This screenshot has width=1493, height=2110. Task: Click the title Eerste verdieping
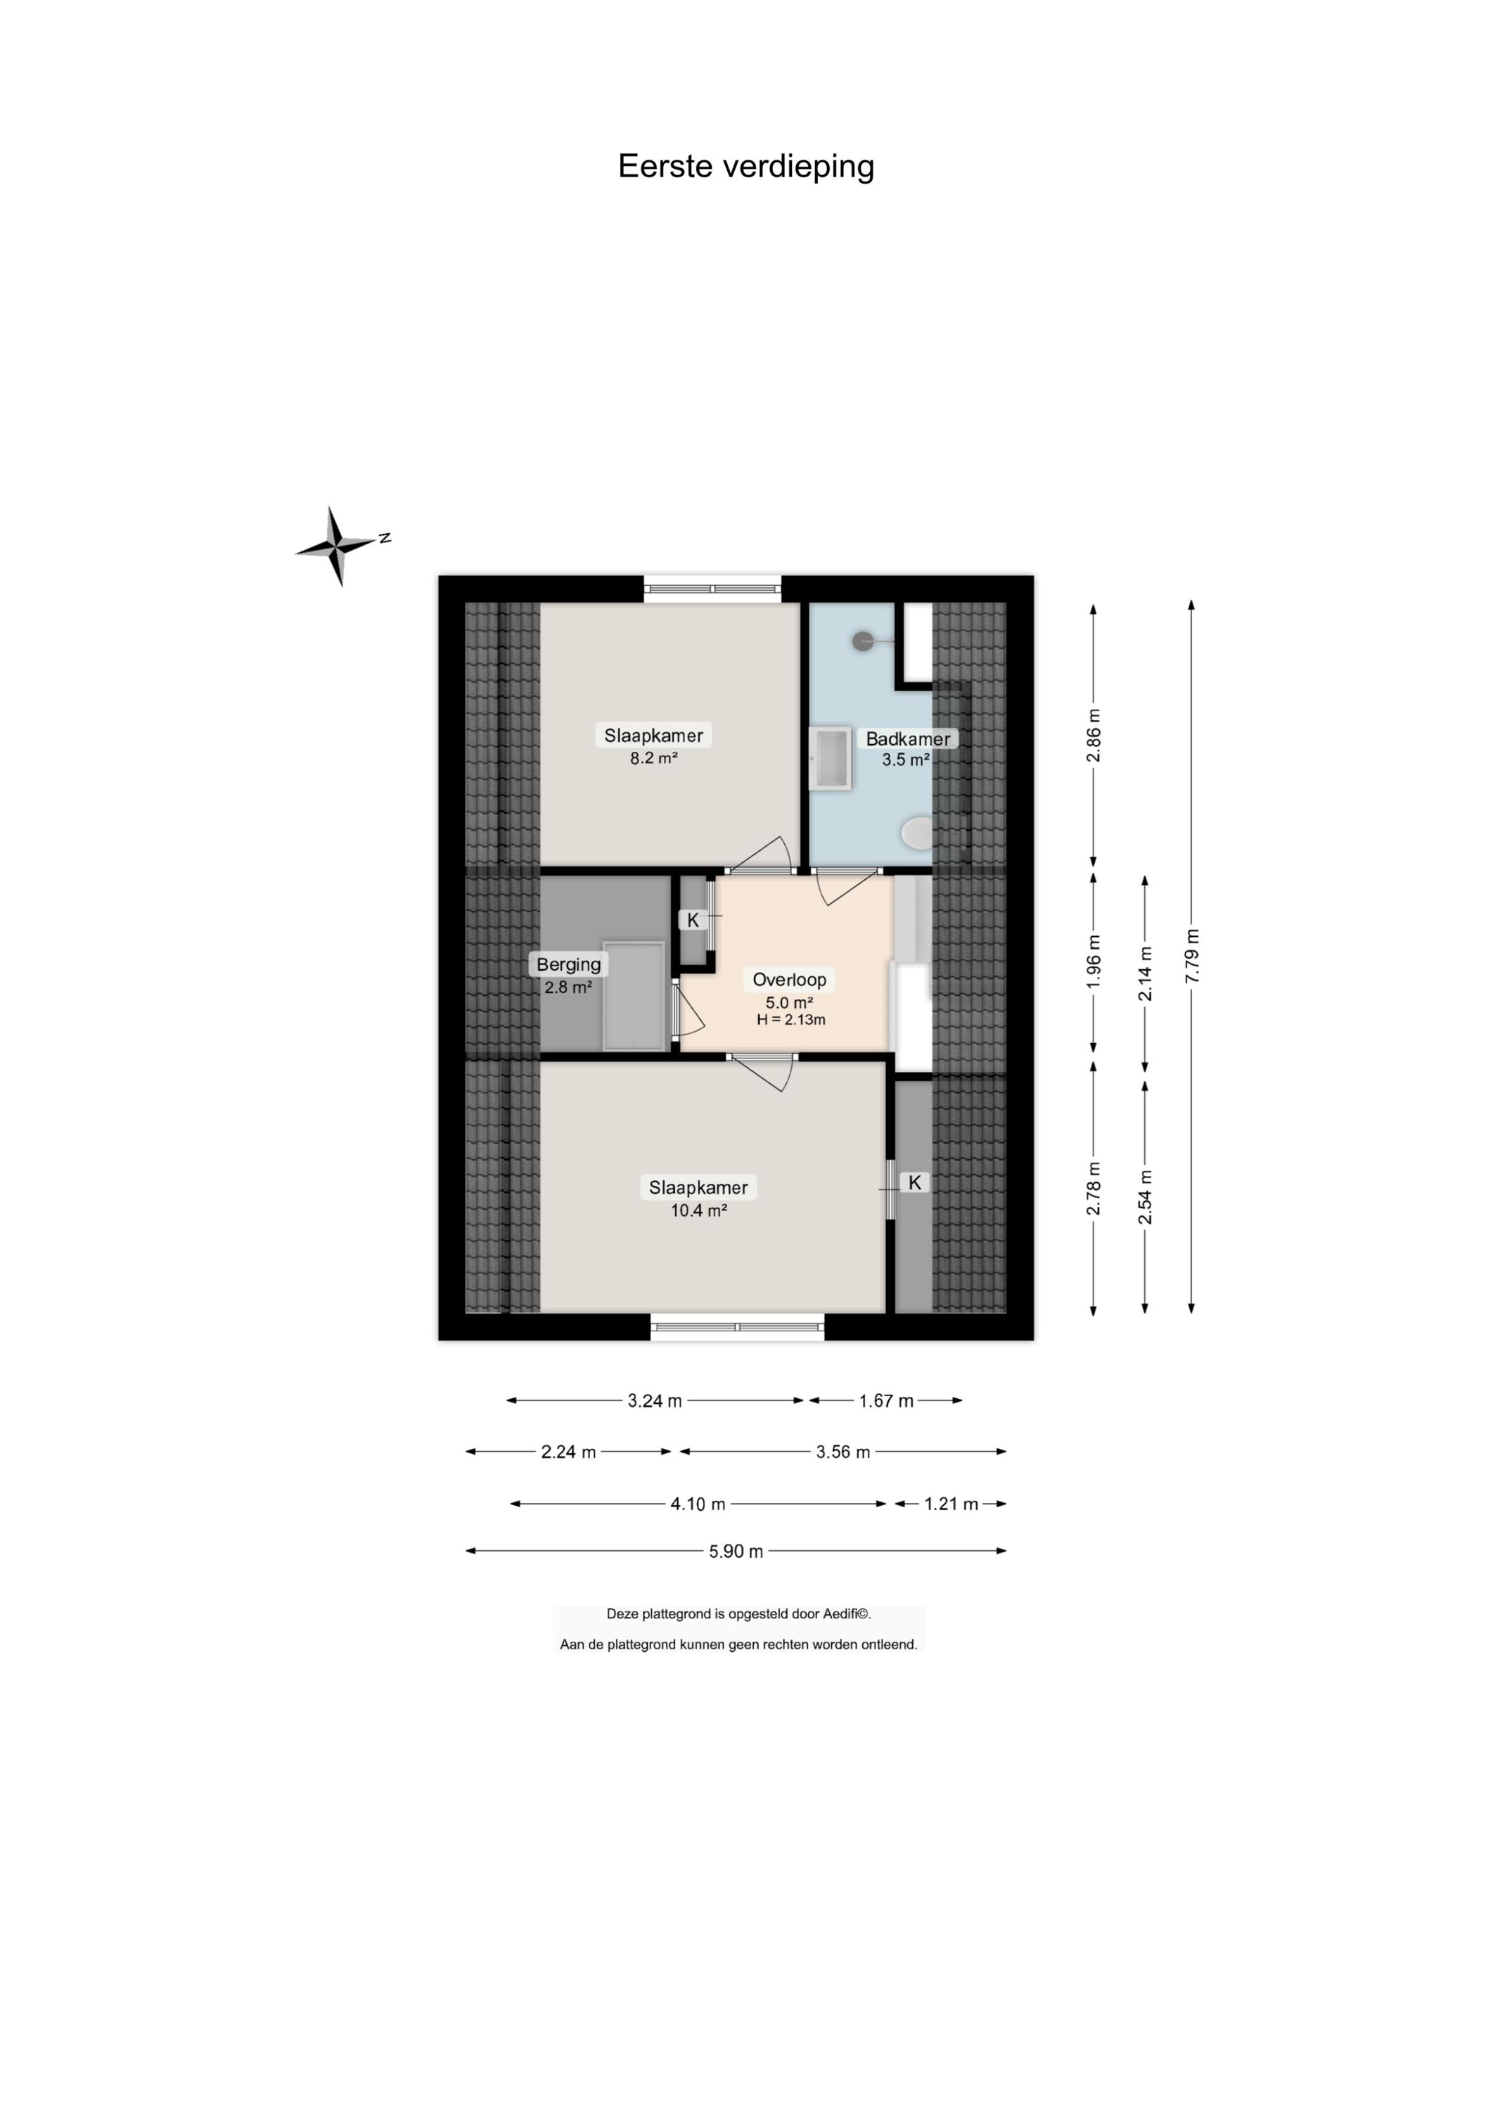745,167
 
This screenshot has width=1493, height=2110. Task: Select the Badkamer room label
907,738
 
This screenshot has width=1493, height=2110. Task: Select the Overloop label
789,979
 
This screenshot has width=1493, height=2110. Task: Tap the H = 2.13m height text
790,1020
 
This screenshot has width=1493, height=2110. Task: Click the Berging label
568,964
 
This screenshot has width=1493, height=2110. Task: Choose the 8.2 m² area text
653,758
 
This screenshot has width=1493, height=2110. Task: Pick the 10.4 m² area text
699,1211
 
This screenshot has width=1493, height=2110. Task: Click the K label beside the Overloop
693,919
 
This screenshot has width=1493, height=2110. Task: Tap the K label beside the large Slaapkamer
915,1182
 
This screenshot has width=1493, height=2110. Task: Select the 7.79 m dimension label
1193,956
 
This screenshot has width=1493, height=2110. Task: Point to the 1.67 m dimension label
886,1400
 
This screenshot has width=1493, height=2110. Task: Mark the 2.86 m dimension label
1093,736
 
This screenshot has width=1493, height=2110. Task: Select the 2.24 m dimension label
568,1452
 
